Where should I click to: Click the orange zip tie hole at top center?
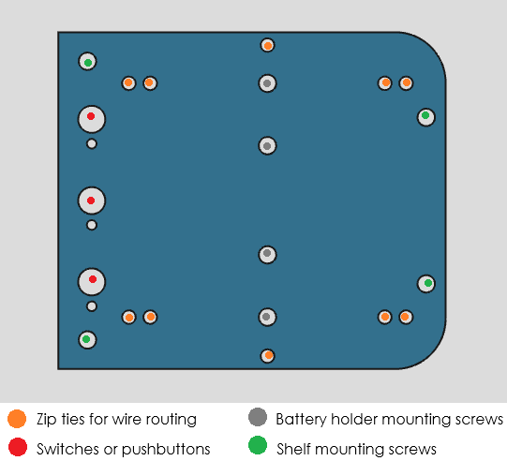click(267, 45)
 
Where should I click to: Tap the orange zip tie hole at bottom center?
click(268, 356)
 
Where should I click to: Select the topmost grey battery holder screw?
click(267, 83)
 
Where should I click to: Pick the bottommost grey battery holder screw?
click(267, 317)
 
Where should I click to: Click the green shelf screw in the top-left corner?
click(88, 61)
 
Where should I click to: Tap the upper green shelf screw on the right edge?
click(426, 117)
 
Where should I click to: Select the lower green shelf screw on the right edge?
click(426, 284)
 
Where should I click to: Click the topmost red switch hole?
click(92, 119)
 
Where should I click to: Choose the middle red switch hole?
click(92, 201)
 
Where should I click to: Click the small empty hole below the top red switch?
click(92, 144)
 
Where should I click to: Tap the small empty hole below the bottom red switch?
click(92, 306)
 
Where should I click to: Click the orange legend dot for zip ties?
click(17, 419)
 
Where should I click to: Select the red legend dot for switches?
click(18, 447)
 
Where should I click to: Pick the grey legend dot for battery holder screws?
click(258, 417)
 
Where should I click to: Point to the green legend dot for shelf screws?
click(258, 445)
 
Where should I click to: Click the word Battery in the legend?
click(302, 420)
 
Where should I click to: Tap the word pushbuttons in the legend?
click(166, 449)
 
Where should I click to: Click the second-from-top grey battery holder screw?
click(267, 146)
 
